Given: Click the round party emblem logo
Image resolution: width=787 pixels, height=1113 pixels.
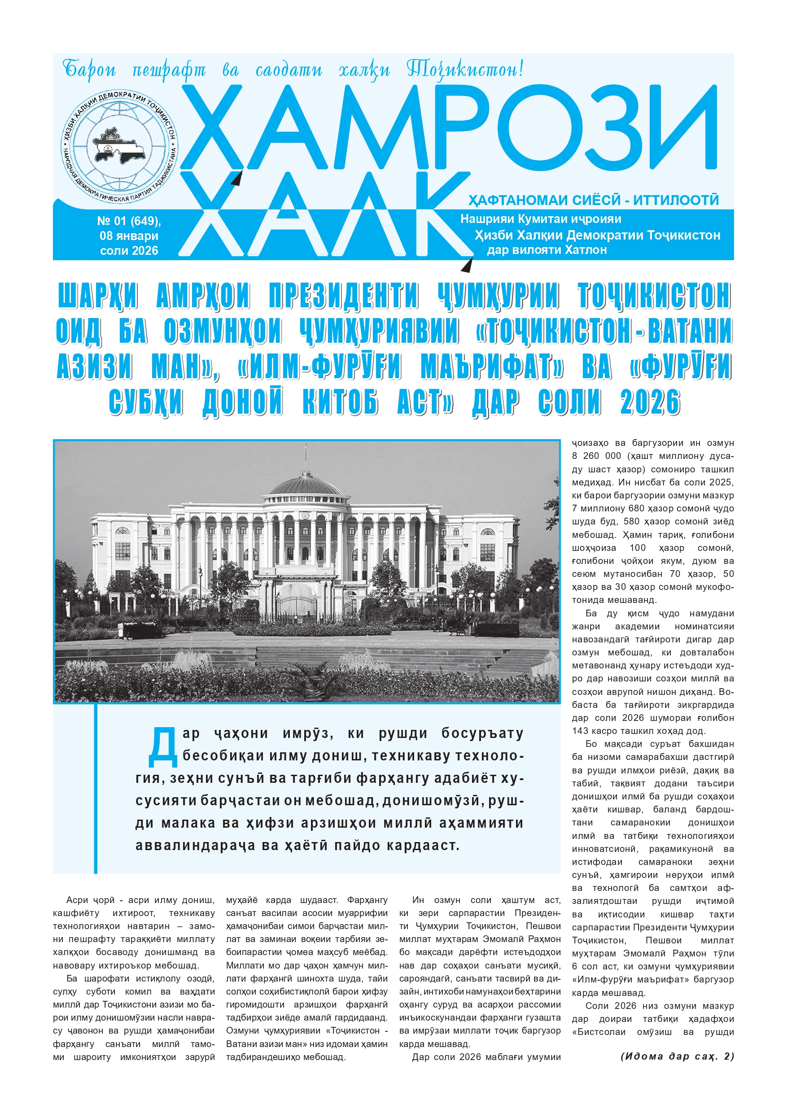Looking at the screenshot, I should point(120,145).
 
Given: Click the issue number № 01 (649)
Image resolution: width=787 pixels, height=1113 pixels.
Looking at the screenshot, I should point(129,221).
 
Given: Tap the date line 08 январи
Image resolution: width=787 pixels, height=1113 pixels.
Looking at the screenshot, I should point(129,236).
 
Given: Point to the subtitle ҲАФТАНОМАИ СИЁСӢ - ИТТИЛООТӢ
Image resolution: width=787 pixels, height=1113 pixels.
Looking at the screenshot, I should point(593,200).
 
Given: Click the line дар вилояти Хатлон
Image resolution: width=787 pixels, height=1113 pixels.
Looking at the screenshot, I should point(547,250).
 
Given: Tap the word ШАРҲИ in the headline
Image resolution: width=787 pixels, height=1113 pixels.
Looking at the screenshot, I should point(98,295).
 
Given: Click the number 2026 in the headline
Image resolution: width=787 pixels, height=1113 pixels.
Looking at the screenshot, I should point(650,402).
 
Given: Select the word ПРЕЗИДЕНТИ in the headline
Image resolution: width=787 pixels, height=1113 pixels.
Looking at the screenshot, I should point(343,295).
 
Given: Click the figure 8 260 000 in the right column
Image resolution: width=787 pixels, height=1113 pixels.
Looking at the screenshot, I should point(596,456).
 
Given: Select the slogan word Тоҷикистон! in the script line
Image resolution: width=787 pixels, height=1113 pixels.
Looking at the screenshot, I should point(464,70).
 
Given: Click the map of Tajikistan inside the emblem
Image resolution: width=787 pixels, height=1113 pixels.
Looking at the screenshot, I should point(119,145).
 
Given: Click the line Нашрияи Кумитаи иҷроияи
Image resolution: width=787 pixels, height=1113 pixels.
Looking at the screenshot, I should point(540,219).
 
